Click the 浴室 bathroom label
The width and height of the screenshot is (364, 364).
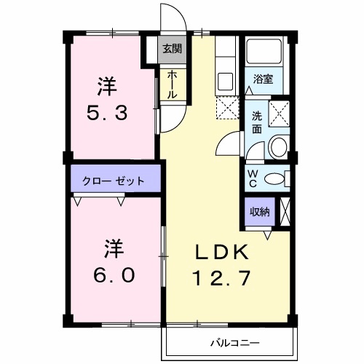pos(263,79)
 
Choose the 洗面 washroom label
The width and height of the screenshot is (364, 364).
pos(257,122)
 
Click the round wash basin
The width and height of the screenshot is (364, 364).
pos(278,148)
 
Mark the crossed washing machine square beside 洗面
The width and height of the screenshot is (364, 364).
pos(279,113)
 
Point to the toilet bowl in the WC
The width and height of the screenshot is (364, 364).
pos(274,180)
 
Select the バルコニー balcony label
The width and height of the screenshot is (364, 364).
pos(232,340)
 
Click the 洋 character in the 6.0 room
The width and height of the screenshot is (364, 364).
pos(111,248)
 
